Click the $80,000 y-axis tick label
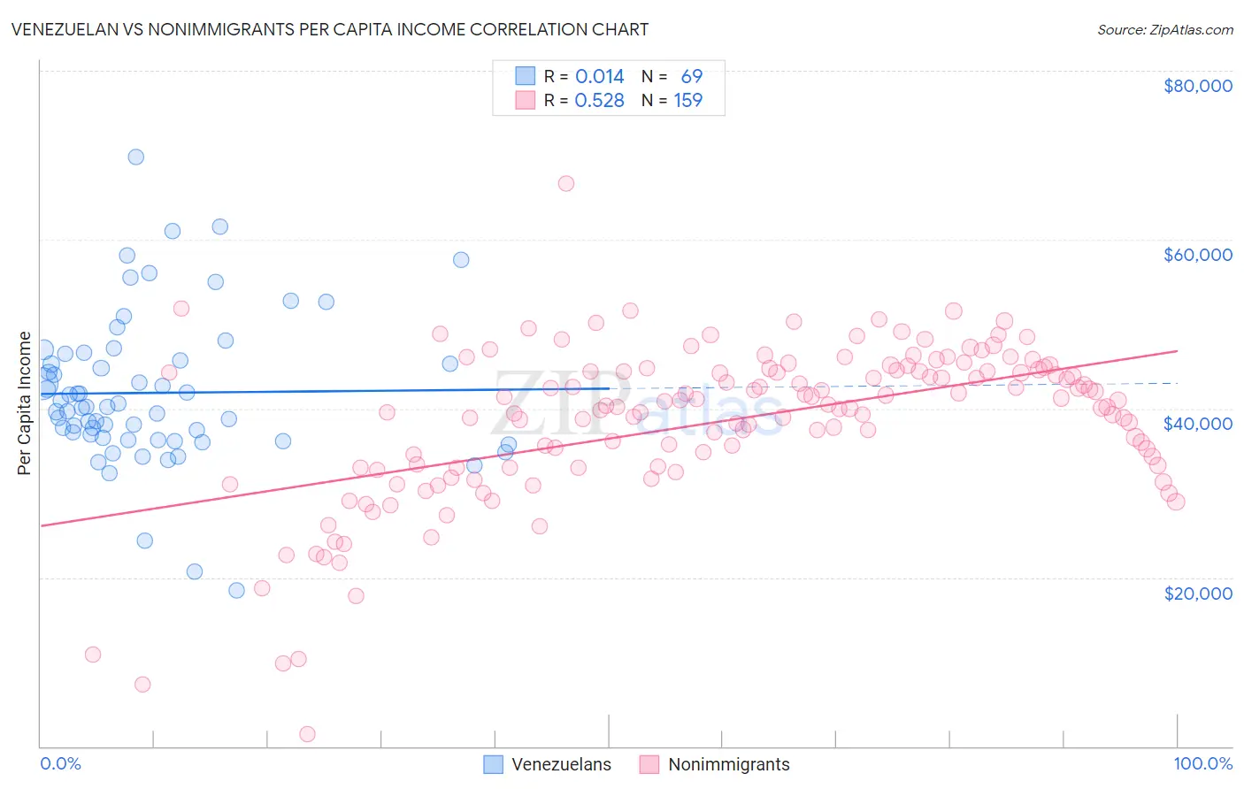tap(1197, 86)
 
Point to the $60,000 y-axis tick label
tap(1197, 255)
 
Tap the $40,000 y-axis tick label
tap(1197, 424)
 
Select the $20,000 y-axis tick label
tap(1197, 593)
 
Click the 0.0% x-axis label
tap(60, 764)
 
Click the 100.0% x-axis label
tap(1202, 764)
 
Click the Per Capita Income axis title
tap(25, 402)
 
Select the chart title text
tap(329, 29)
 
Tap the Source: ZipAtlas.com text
tap(1164, 29)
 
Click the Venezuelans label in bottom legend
tap(561, 764)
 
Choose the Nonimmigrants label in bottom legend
tap(728, 764)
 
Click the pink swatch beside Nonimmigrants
tap(649, 764)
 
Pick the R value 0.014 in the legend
tap(600, 77)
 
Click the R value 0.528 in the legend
tap(600, 101)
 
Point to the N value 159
tap(688, 101)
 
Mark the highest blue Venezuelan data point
tap(136, 157)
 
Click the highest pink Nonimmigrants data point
tap(566, 183)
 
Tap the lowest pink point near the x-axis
tap(307, 733)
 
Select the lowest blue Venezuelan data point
tap(236, 590)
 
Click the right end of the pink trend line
tap(1177, 351)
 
